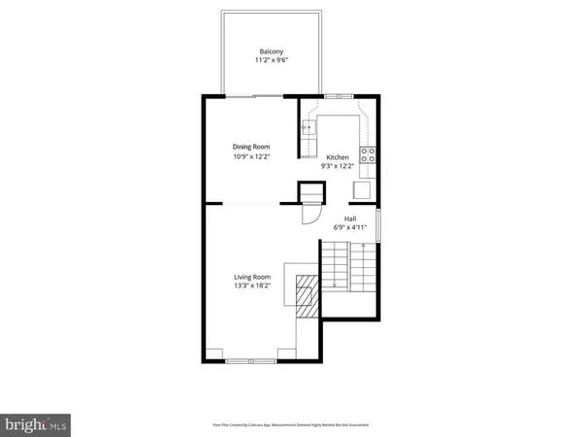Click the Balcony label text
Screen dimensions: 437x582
point(271,51)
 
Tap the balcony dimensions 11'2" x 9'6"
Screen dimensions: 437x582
point(271,61)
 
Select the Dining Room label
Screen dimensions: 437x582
point(250,146)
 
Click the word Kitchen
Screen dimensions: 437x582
point(337,156)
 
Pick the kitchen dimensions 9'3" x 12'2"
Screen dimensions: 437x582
point(337,166)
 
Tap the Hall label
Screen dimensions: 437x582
point(349,218)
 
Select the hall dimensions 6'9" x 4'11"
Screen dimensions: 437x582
point(349,228)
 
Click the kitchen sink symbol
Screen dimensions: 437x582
point(308,127)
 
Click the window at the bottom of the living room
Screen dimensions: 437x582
point(251,360)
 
